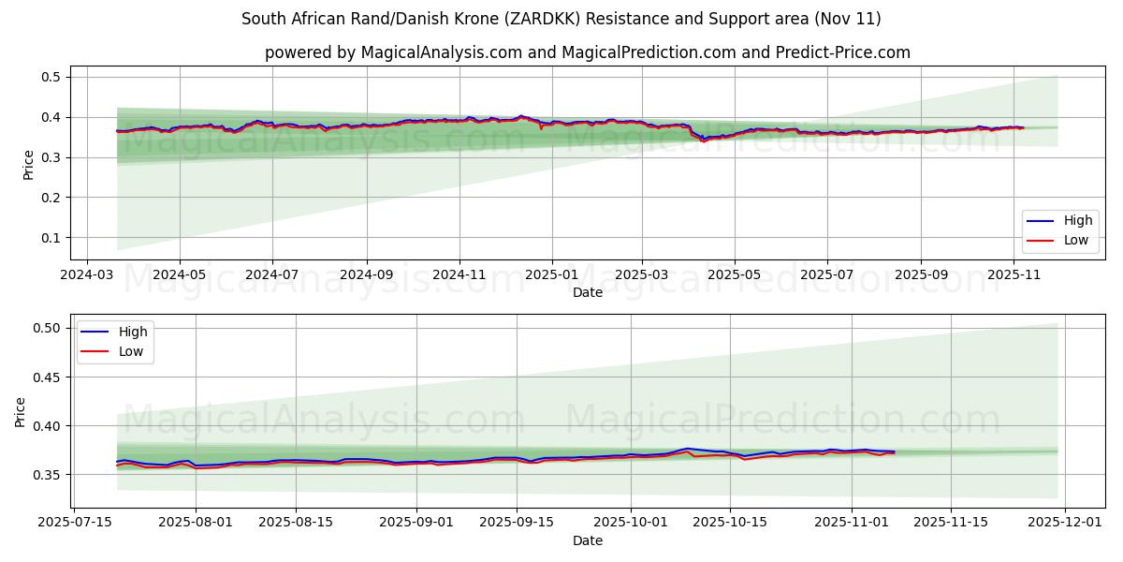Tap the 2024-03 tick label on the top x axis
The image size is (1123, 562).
pos(87,276)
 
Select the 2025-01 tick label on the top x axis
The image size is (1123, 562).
pos(551,276)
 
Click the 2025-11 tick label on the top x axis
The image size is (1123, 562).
pos(1014,276)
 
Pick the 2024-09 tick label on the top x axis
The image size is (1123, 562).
pos(366,276)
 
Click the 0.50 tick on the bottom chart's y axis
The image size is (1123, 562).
pos(47,328)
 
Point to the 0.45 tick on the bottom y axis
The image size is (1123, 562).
pos(47,377)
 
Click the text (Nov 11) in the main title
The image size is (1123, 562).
pos(847,19)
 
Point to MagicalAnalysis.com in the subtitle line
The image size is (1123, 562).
pos(443,52)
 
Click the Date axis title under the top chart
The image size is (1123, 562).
pos(588,293)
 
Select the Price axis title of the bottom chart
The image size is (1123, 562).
pos(21,410)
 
